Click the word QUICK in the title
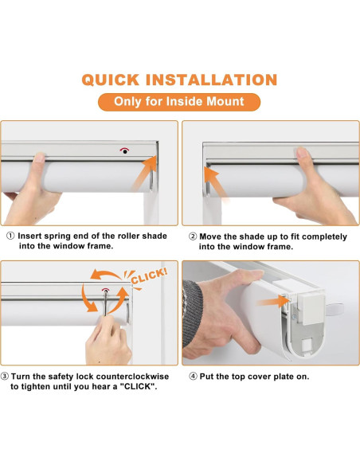pyautogui.click(x=111, y=80)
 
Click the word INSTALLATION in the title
pyautogui.click(x=212, y=80)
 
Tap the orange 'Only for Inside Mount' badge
pyautogui.click(x=179, y=102)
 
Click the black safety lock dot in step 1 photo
pyautogui.click(x=125, y=151)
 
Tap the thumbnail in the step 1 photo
pyautogui.click(x=39, y=158)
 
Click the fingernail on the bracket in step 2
pyautogui.click(x=302, y=152)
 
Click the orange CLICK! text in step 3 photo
pyautogui.click(x=150, y=276)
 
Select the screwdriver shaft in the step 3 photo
pyautogui.click(x=106, y=303)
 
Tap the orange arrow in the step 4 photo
pyautogui.click(x=273, y=302)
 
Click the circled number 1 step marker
pyautogui.click(x=10, y=236)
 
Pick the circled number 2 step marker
pyautogui.click(x=193, y=236)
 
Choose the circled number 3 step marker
pyautogui.click(x=5, y=377)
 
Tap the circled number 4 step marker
pyautogui.click(x=193, y=377)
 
